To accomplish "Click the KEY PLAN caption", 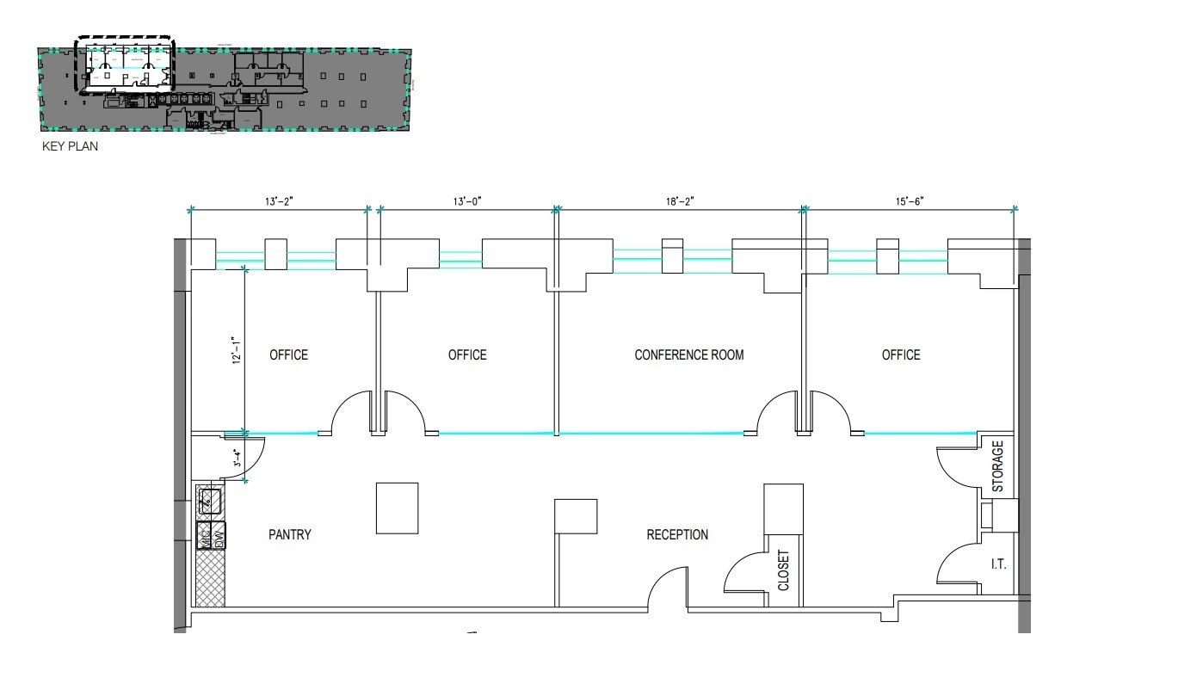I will pyautogui.click(x=70, y=146).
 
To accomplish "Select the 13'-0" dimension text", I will pyautogui.click(x=467, y=201).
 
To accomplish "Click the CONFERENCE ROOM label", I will pyautogui.click(x=688, y=354).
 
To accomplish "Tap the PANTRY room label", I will pyautogui.click(x=289, y=534).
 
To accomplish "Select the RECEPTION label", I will pyautogui.click(x=677, y=534).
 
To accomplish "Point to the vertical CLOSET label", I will pyautogui.click(x=783, y=570).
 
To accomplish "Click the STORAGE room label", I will pyautogui.click(x=997, y=465).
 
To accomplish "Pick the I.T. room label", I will pyautogui.click(x=997, y=564).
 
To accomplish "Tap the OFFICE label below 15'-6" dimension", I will pyautogui.click(x=900, y=354).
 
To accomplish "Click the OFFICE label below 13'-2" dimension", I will pyautogui.click(x=288, y=354).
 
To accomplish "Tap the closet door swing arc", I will pyautogui.click(x=740, y=568).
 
